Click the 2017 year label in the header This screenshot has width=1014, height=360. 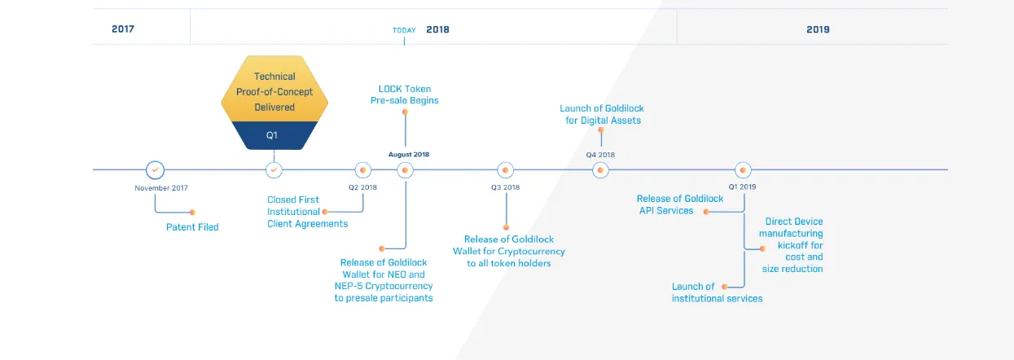point(123,29)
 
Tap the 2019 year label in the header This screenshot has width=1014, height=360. point(818,29)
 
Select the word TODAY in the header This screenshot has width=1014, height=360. point(404,30)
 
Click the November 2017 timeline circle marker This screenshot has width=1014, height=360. point(155,169)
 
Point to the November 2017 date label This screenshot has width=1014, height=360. point(161,188)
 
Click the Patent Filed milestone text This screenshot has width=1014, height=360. point(192,227)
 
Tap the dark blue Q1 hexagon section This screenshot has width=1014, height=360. point(274,135)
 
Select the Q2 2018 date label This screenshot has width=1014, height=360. point(362,187)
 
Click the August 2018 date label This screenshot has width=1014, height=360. point(409,155)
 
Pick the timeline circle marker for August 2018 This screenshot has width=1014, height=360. point(405,170)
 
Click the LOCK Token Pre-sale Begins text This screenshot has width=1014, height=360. point(405,94)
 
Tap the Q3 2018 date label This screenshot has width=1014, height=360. point(505,187)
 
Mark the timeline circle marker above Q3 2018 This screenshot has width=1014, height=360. point(505,170)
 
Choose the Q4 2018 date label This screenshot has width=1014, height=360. point(600,155)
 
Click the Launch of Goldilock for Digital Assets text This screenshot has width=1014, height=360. point(602,114)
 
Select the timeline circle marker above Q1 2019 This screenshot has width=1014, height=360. point(743,170)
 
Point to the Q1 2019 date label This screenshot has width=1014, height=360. point(742,187)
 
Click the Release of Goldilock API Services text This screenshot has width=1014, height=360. point(680,204)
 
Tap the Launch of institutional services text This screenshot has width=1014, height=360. point(717,292)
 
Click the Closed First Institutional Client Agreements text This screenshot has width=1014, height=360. point(307,212)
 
